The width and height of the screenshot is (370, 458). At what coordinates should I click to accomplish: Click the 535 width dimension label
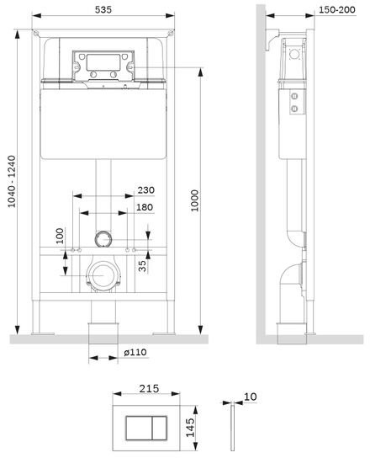point(103,9)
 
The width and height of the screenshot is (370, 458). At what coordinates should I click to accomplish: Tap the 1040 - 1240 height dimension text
point(12,181)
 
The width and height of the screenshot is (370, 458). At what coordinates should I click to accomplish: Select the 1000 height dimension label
point(194,200)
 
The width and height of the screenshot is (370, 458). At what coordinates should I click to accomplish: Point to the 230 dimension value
point(146,190)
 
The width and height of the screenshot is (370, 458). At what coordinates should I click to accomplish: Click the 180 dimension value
point(145,207)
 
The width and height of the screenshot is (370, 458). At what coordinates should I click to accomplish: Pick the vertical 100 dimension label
point(60,236)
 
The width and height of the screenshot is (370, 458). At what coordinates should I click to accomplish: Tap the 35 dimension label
point(142,266)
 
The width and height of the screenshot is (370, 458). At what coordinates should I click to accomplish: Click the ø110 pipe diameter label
point(135,352)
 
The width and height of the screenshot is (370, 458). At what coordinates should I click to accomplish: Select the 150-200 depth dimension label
point(337,9)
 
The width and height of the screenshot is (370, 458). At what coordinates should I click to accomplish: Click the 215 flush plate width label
point(149,389)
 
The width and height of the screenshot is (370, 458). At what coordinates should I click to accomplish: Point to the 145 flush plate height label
point(190,428)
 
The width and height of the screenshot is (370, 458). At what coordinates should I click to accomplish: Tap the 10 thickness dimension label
point(250,397)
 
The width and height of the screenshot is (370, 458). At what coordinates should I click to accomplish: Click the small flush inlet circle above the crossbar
point(103,239)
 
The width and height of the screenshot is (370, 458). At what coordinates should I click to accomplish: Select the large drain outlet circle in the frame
point(103,275)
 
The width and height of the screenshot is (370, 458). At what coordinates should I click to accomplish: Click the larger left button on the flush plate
point(139,428)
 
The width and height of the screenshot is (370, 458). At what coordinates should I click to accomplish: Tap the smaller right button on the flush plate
point(159,428)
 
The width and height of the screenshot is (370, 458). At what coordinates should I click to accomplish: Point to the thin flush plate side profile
point(233,428)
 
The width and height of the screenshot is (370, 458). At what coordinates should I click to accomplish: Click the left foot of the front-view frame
point(43,334)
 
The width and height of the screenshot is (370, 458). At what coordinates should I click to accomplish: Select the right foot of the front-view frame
point(164,334)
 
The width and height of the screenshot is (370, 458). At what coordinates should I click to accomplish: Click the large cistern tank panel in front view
point(103,124)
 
